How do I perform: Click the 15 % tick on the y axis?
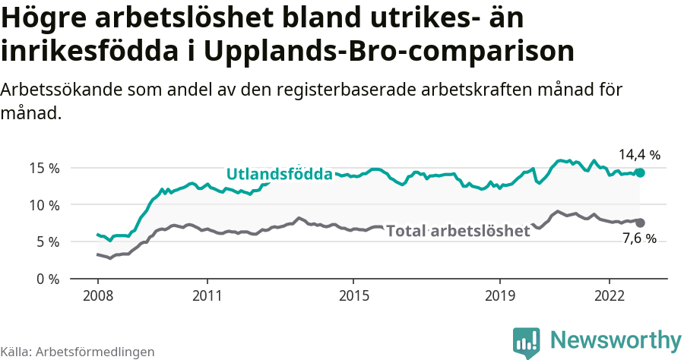click(x=44, y=168)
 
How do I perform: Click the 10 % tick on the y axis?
click(x=44, y=205)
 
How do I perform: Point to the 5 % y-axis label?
click(x=47, y=242)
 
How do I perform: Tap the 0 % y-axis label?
click(x=47, y=279)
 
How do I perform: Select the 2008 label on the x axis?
click(x=98, y=295)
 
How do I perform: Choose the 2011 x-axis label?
click(x=207, y=295)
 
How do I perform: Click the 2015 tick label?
click(x=353, y=295)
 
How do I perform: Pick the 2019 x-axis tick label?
click(x=500, y=295)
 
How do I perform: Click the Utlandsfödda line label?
click(x=279, y=174)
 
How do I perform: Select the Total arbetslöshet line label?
click(x=458, y=231)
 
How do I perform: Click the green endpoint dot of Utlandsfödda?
click(x=640, y=172)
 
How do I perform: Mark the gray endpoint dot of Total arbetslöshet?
click(x=640, y=223)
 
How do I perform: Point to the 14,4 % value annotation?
click(x=639, y=155)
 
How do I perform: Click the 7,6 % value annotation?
click(x=639, y=239)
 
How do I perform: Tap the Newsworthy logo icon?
click(x=527, y=342)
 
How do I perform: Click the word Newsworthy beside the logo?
click(x=616, y=339)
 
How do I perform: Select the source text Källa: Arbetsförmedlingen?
click(x=78, y=352)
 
